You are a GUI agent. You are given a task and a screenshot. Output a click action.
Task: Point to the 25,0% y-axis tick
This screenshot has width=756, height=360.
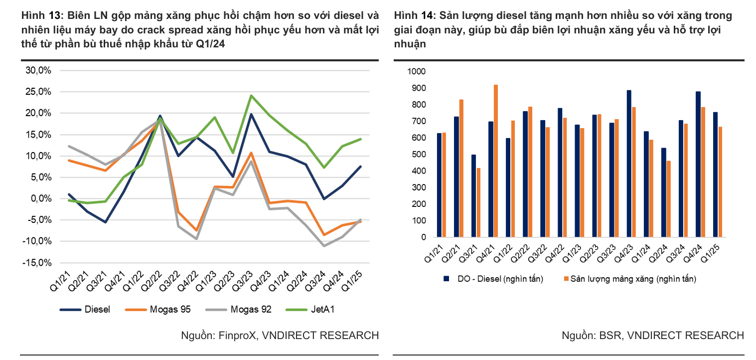(38, 92)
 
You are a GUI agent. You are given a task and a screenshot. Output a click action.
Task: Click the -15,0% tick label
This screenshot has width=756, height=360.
(37, 262)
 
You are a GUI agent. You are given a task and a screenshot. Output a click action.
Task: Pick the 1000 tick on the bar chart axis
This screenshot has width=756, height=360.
(416, 71)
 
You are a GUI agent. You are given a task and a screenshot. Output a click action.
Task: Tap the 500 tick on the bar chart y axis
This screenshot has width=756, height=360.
(418, 155)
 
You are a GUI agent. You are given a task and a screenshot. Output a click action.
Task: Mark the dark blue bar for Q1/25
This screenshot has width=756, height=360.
(715, 175)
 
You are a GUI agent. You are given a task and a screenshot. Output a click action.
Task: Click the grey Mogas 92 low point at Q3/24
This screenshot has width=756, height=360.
(324, 246)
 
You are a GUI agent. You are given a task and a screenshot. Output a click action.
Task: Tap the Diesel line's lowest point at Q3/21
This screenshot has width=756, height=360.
(105, 222)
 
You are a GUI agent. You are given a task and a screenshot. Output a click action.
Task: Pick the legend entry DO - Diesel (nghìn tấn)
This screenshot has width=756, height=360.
(493, 279)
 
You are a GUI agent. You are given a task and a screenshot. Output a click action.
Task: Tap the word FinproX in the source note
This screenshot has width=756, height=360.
(234, 335)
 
